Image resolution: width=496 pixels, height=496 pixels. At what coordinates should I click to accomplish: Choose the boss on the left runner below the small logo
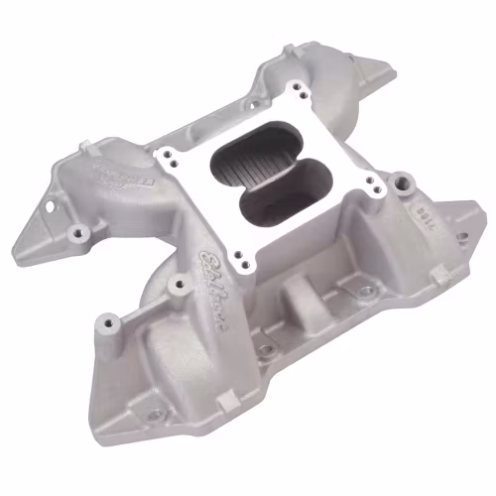pos(78,234)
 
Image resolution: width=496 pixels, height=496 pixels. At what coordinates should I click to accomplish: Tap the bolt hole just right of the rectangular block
pos(366,293)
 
